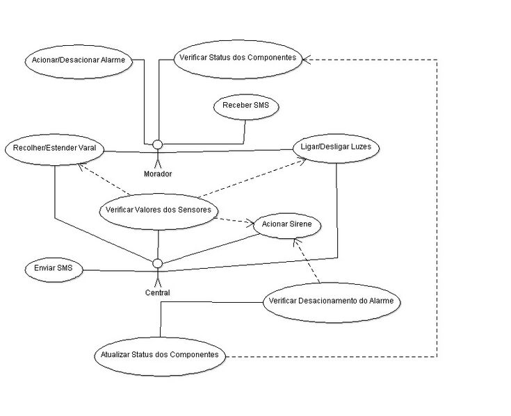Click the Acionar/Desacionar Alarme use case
pos(78,60)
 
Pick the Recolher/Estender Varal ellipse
pos(54,148)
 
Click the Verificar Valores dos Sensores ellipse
pos(159,209)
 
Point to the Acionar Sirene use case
pos(287,225)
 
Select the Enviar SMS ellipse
pos(54,268)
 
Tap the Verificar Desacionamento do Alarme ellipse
pos(332,301)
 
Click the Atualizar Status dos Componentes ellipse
pos(159,355)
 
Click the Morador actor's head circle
pos(158,144)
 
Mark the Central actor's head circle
pos(158,263)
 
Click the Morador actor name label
pos(158,174)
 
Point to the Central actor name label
pos(158,292)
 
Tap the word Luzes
pos(365,148)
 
